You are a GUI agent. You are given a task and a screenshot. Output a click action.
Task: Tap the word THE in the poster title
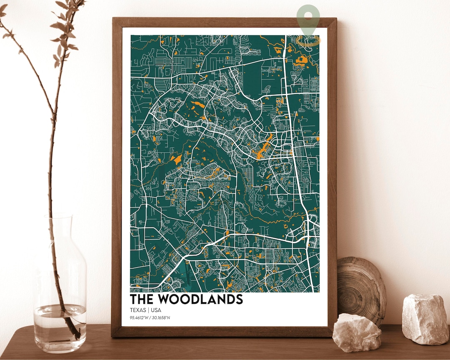point(141,299)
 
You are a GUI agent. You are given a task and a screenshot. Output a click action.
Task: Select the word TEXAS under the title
point(138,310)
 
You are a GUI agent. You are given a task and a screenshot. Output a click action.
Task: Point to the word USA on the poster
point(156,310)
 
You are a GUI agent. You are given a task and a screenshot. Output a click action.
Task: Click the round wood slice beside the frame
point(361,287)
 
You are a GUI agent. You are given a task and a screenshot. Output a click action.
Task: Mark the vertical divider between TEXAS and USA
point(149,310)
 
